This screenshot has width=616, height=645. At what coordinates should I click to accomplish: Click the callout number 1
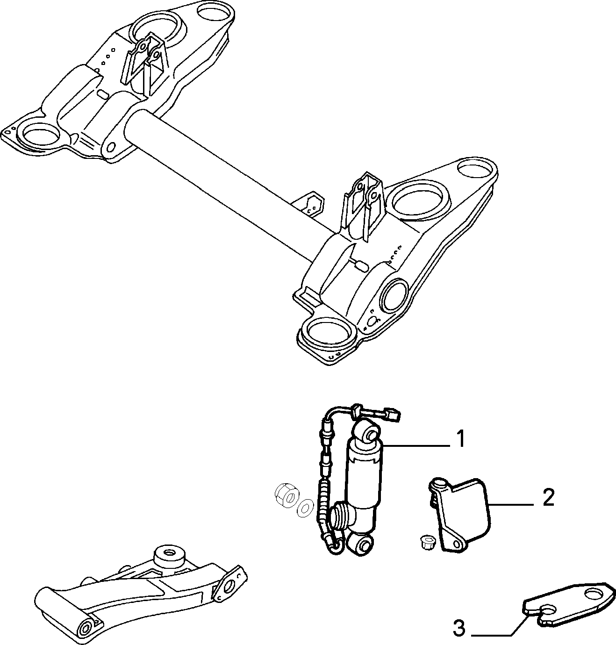461,438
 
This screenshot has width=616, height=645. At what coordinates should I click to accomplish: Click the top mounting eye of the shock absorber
368,432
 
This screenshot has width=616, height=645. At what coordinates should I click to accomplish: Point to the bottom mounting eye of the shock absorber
361,544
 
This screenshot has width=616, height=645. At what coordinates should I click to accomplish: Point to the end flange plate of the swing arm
230,586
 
